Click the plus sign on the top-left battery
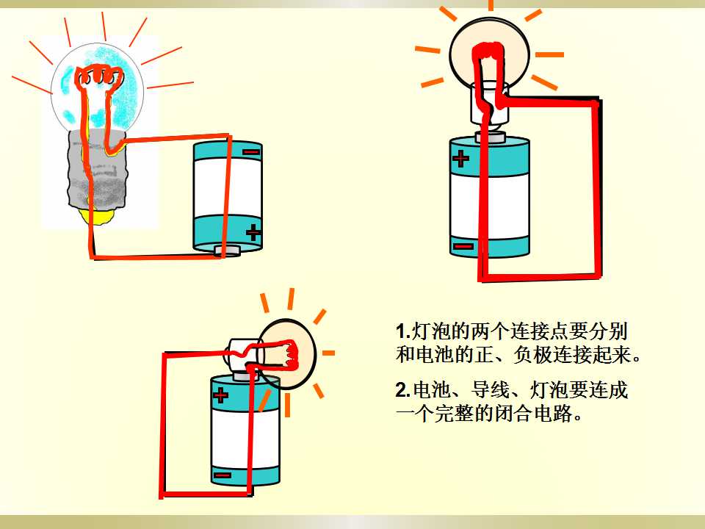[253, 232]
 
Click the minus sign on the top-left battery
[251, 152]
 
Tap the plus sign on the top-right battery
[460, 159]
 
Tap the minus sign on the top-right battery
[463, 246]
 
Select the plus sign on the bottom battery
[220, 396]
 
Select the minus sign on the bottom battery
[223, 475]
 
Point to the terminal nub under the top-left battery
[227, 251]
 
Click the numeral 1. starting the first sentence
[403, 332]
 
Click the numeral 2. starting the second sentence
[403, 389]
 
